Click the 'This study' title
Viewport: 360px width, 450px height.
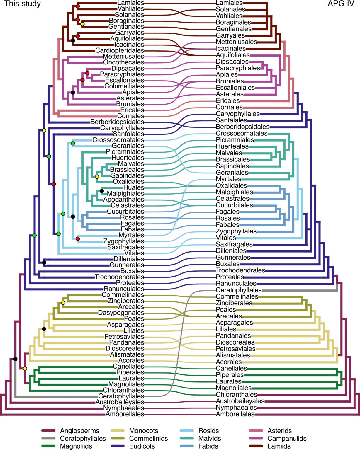point(22,4)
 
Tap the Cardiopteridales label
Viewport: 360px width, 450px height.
point(119,50)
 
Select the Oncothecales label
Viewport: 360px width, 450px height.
point(123,62)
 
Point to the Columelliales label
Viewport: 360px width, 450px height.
point(124,86)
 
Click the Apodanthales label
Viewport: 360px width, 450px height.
point(123,200)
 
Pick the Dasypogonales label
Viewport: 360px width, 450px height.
point(121,313)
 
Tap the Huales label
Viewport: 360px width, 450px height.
point(133,187)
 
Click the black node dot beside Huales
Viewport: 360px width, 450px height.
point(102,191)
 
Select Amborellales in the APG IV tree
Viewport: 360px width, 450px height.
point(235,414)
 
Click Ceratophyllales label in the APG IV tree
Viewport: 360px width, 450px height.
point(239,290)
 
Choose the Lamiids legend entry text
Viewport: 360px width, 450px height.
point(279,446)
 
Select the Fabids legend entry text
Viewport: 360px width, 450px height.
point(208,446)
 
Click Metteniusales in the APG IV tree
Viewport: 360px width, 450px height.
point(236,42)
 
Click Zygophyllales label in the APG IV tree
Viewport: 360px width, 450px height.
point(236,231)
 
